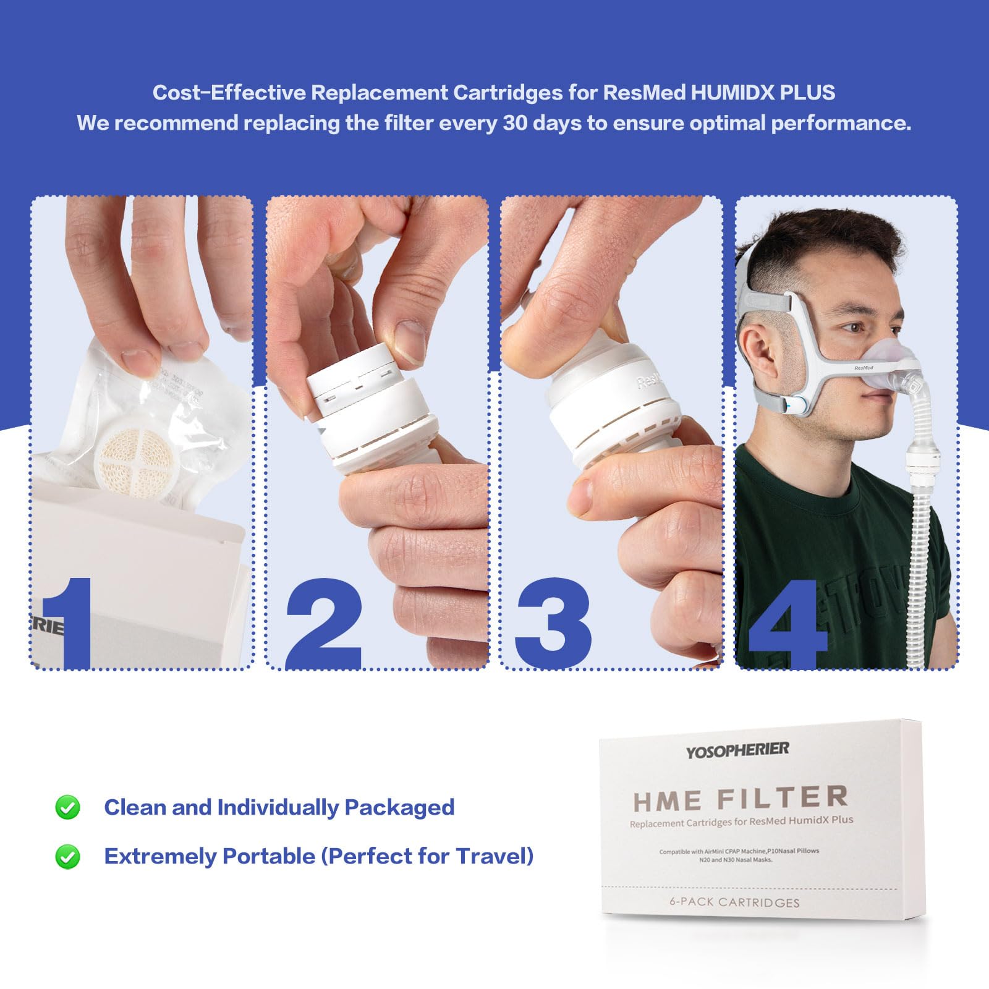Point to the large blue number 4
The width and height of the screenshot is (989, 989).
[788, 624]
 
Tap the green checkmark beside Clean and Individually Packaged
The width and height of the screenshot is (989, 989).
[67, 807]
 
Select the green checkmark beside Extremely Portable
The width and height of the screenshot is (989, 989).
[67, 857]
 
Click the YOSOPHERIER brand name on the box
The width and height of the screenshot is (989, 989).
[737, 750]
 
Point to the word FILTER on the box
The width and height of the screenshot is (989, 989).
[783, 798]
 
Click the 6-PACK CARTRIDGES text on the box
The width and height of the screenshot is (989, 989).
[734, 902]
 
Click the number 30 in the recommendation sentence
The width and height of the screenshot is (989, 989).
[516, 123]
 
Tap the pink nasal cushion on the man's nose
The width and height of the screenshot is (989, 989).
[891, 359]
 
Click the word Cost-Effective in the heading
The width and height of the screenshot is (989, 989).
[229, 93]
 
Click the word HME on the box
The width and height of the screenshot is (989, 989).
[668, 802]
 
